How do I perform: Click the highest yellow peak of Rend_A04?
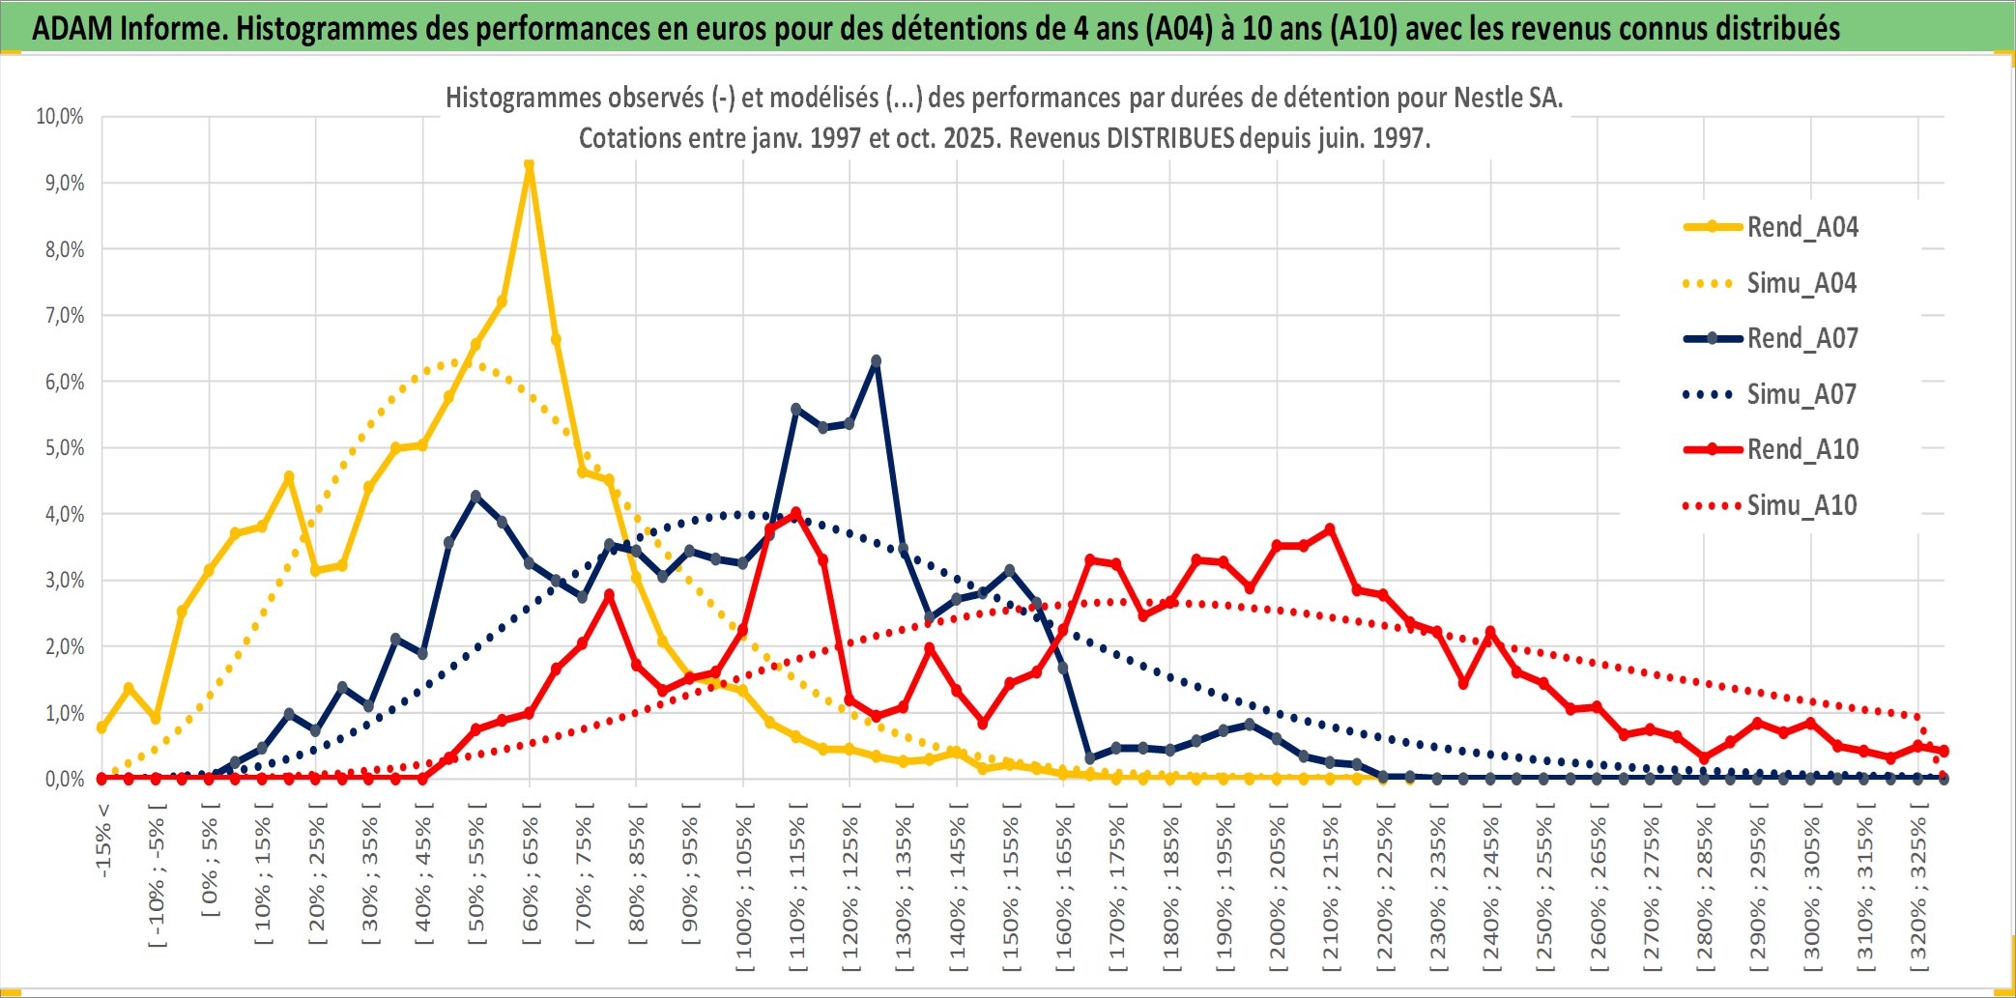tap(529, 165)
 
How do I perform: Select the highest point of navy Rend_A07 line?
tap(876, 361)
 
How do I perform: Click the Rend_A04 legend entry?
tap(1801, 227)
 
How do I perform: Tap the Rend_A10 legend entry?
tap(1801, 449)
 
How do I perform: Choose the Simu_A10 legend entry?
tap(1801, 505)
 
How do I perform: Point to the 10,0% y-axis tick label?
tap(60, 117)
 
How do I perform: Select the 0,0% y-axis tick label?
tap(64, 780)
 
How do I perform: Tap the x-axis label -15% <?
tap(103, 841)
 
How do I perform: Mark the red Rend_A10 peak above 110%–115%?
tap(795, 514)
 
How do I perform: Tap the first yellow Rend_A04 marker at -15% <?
tap(102, 727)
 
